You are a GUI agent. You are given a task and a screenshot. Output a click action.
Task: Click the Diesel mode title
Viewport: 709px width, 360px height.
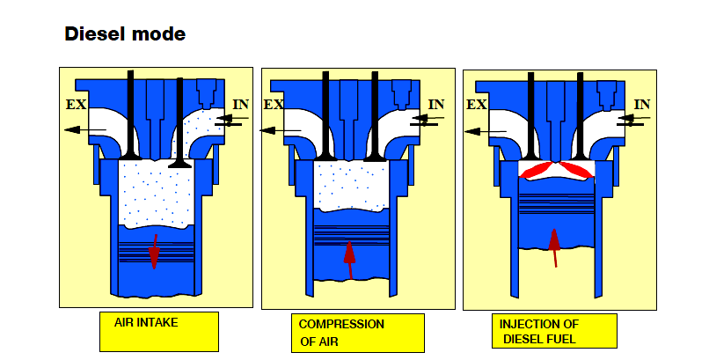click(125, 34)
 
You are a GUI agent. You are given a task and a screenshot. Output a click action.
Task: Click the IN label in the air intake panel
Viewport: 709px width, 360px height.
click(240, 105)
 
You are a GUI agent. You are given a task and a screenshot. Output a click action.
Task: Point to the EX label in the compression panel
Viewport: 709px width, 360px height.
click(274, 105)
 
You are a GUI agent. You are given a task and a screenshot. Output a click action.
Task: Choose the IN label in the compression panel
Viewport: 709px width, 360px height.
click(435, 105)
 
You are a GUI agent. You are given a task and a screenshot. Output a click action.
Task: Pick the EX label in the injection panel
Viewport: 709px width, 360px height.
click(477, 105)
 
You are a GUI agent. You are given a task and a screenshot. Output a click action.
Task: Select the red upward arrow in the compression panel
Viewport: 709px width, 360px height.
click(350, 259)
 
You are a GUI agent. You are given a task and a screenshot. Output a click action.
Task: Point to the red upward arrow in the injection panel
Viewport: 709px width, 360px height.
click(553, 246)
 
